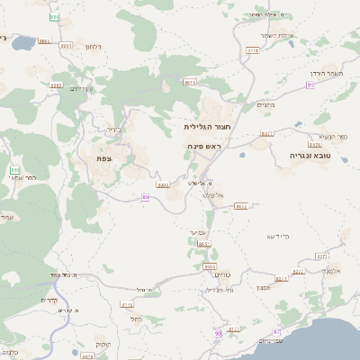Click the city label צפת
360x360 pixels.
pyautogui.click(x=104, y=157)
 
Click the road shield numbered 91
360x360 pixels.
pyautogui.click(x=310, y=85)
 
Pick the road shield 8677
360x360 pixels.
pyautogui.click(x=267, y=133)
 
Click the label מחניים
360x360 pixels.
pyautogui.click(x=265, y=105)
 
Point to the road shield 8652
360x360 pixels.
pyautogui.click(x=240, y=206)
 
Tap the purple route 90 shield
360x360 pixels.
pyautogui.click(x=217, y=334)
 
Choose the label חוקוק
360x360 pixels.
pyautogui.click(x=105, y=345)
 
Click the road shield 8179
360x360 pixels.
pyautogui.click(x=127, y=305)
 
